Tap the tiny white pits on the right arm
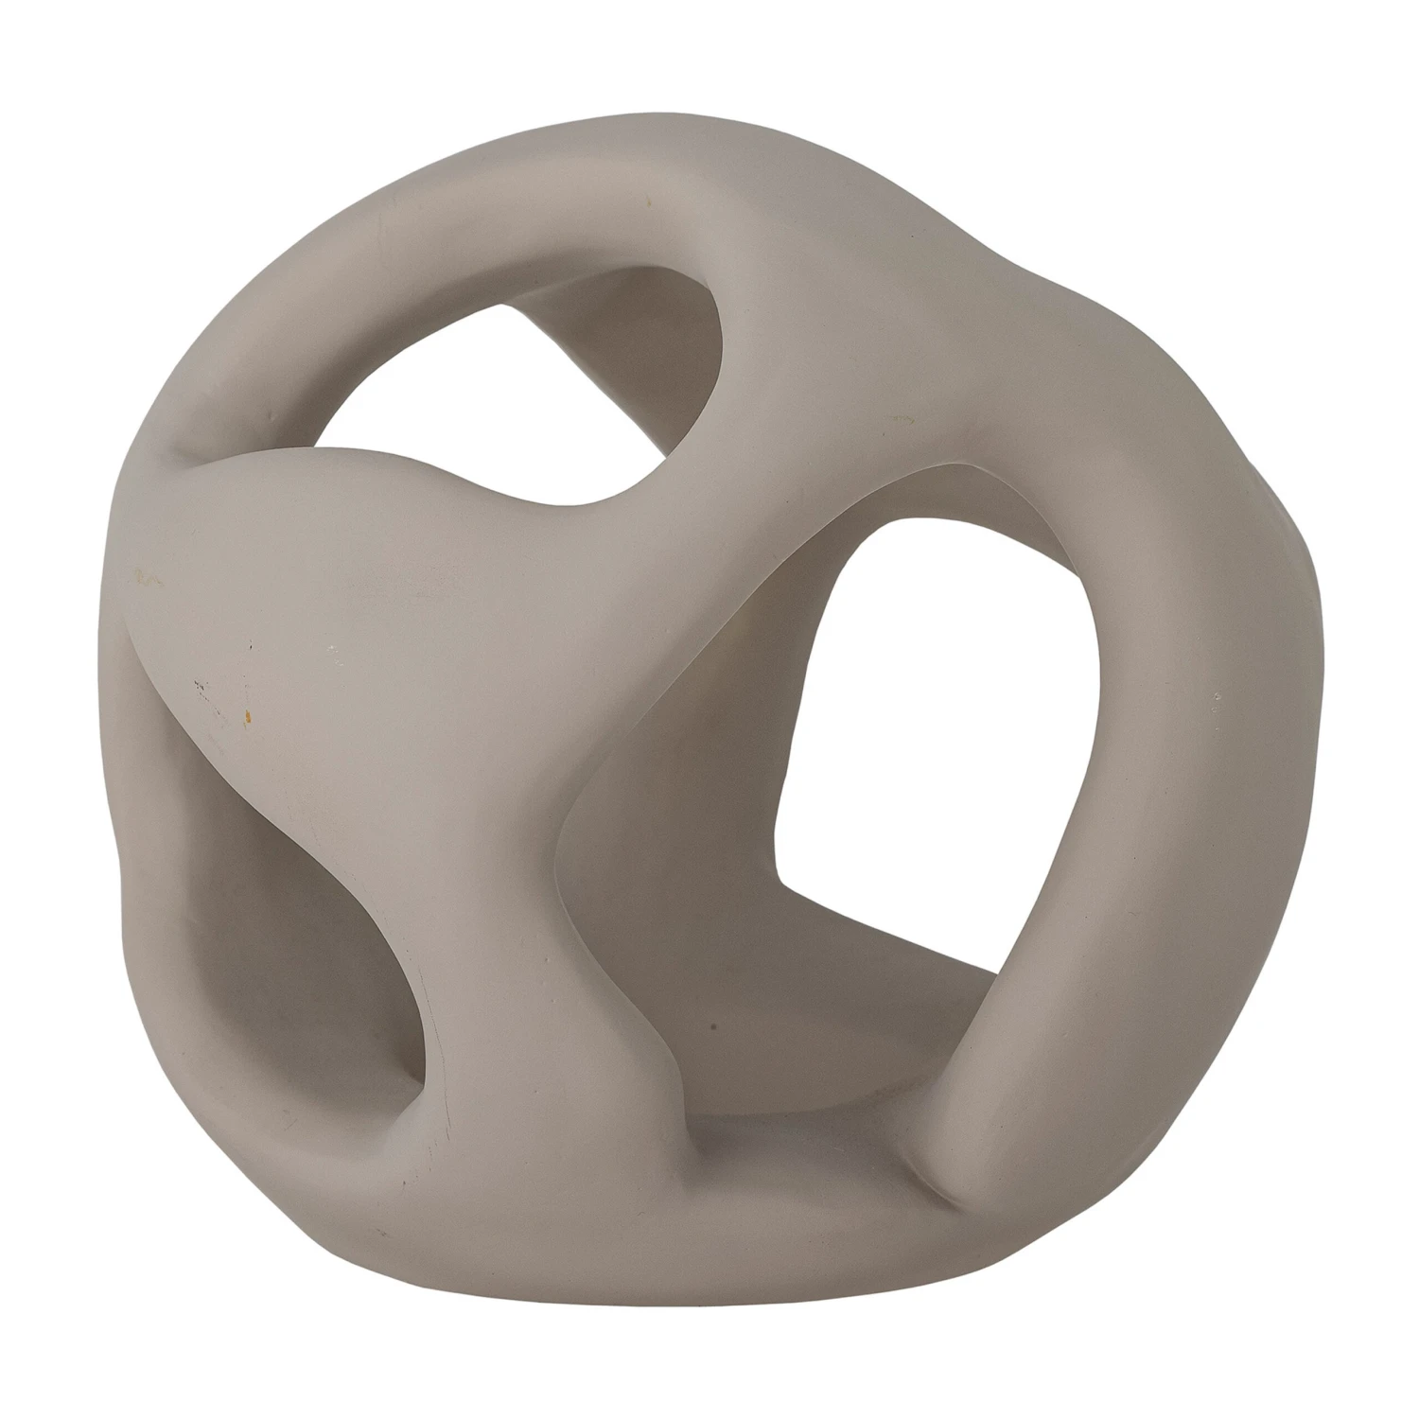click(x=1215, y=700)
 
